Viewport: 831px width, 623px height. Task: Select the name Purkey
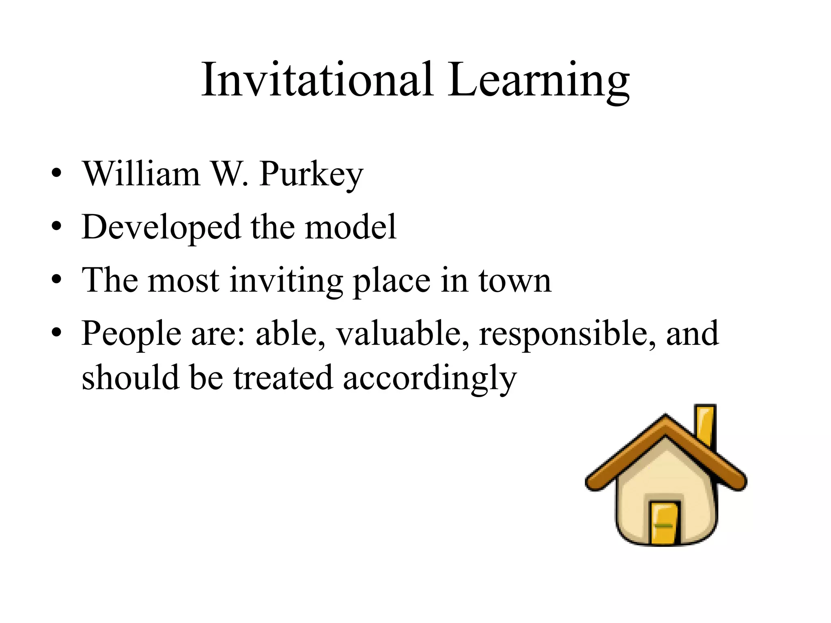(311, 174)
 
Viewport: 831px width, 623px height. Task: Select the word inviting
(286, 281)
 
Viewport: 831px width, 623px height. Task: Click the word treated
(283, 378)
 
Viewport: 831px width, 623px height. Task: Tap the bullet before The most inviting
(56, 279)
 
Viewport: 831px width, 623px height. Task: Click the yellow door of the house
(664, 524)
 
